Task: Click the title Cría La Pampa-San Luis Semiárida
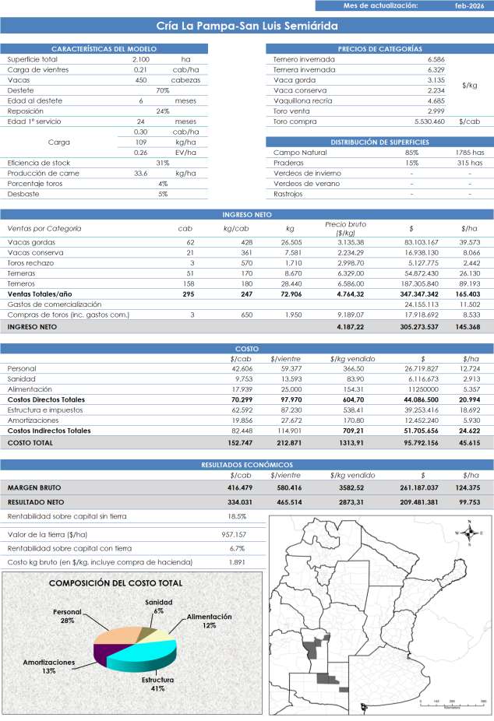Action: (x=246, y=26)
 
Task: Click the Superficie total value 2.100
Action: (x=141, y=59)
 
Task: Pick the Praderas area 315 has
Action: (x=469, y=164)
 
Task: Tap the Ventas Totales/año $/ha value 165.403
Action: (x=469, y=296)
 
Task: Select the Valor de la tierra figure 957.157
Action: (x=235, y=535)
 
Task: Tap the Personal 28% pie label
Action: (x=68, y=616)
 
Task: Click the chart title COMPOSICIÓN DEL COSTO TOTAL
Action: (x=116, y=582)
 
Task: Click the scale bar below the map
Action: (x=452, y=702)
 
